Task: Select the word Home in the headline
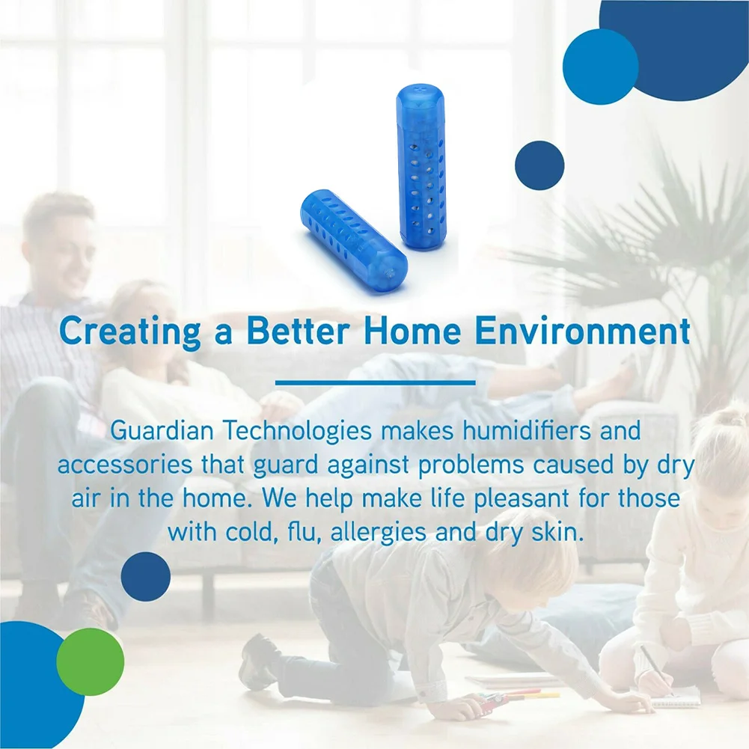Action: click(412, 331)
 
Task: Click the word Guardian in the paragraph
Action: click(162, 430)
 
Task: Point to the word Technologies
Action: click(296, 431)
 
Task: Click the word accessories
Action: click(125, 465)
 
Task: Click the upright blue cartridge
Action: click(421, 166)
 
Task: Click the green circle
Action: click(91, 661)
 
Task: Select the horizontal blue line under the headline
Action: click(376, 382)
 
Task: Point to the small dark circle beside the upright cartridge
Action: click(539, 165)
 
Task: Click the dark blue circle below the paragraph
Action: click(146, 577)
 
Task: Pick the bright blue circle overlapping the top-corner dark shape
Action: click(600, 67)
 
